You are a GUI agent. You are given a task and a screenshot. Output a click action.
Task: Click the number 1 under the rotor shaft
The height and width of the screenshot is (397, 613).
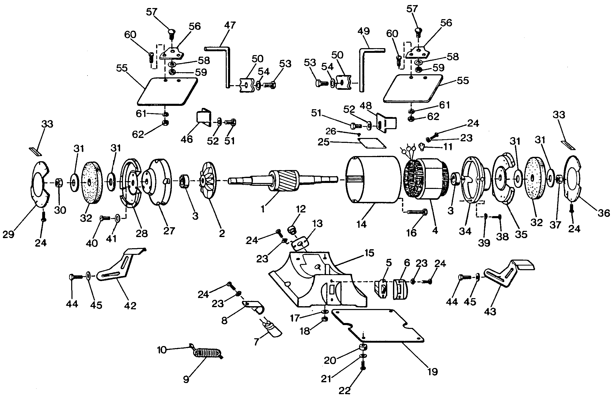(263, 209)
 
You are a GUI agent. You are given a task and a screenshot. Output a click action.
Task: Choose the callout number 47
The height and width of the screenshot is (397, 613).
(230, 25)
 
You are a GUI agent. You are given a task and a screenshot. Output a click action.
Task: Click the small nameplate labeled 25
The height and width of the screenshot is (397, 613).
(372, 143)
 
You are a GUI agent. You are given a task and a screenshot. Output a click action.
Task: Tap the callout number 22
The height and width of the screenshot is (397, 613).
(345, 391)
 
